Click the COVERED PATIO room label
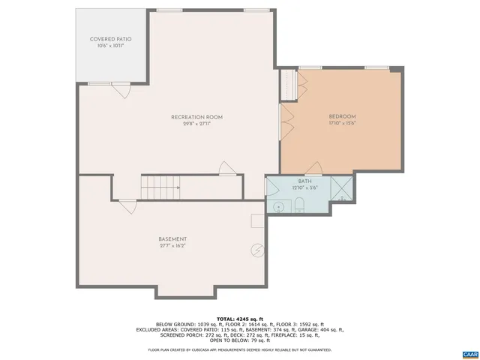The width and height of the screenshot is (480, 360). pyautogui.click(x=110, y=39)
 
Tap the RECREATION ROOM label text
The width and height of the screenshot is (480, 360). pyautogui.click(x=196, y=117)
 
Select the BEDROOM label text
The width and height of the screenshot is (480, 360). pyautogui.click(x=342, y=116)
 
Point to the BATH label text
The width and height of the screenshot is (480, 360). pyautogui.click(x=304, y=181)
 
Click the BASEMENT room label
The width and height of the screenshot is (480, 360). pyautogui.click(x=172, y=239)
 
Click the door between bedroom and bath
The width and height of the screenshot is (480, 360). pyautogui.click(x=313, y=169)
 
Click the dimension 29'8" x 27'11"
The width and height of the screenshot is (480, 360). pyautogui.click(x=196, y=124)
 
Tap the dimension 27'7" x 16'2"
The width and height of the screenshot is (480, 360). pyautogui.click(x=172, y=246)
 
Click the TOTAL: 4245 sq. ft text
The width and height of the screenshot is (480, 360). pyautogui.click(x=240, y=319)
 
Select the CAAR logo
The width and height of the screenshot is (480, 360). pyautogui.click(x=469, y=353)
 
